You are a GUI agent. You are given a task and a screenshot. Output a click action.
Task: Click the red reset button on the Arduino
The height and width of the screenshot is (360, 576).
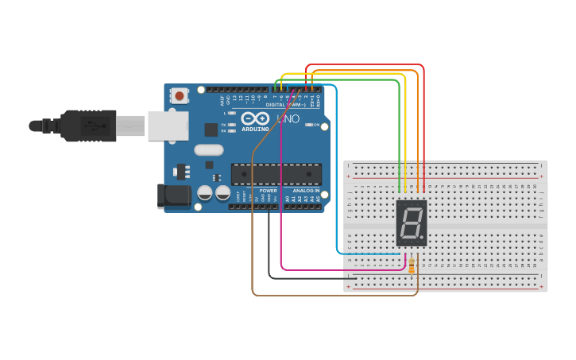pos(180,96)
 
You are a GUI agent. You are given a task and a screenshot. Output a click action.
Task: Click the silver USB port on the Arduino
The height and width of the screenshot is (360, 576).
pos(168,126)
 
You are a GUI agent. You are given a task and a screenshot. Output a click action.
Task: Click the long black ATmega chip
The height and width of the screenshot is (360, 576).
pos(276,173)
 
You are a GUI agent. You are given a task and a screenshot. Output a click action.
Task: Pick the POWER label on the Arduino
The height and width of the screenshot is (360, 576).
pos(268,191)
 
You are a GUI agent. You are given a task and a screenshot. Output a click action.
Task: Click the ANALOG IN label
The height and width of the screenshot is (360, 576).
pos(305,191)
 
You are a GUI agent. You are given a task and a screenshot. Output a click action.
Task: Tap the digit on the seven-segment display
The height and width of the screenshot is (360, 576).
pos(411,223)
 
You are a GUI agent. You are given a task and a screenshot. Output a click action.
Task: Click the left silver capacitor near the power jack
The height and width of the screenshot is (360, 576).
pos(205,192)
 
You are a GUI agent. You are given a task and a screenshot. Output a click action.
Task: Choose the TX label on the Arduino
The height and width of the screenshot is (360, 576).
pos(224,125)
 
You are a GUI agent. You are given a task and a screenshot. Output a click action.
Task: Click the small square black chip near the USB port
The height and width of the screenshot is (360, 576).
pos(211,130)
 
